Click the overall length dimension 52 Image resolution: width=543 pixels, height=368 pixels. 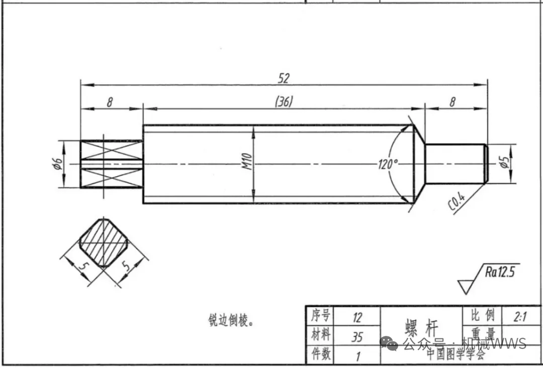[284, 78]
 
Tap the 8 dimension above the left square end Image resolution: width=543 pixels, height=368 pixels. [110, 102]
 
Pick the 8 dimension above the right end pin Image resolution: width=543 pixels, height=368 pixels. [452, 102]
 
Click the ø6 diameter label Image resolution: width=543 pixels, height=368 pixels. [58, 164]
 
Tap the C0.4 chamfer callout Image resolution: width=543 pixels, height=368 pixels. [456, 203]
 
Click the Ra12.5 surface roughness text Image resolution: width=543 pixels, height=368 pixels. [500, 273]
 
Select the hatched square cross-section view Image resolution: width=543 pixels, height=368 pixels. [104, 242]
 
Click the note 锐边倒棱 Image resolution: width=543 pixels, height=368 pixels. [231, 320]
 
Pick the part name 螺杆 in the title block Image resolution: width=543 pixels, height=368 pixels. [421, 327]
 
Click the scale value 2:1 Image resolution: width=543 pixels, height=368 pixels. [520, 317]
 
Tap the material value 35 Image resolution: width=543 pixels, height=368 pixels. [357, 336]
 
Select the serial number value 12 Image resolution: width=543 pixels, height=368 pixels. [357, 317]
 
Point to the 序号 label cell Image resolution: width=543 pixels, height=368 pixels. [320, 316]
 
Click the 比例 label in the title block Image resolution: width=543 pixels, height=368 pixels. [482, 316]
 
